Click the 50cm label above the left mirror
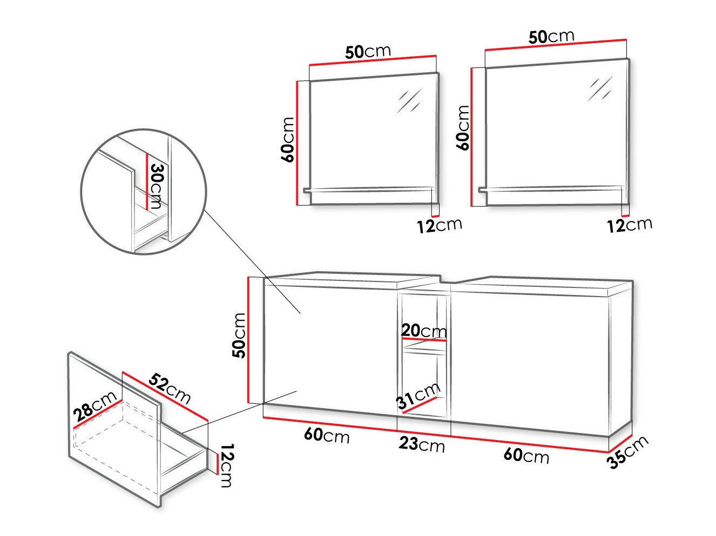368,52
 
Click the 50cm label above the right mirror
551,37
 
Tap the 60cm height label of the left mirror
287,140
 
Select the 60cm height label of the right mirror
463,128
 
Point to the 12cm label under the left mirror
440,225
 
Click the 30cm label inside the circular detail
156,185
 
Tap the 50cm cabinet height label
239,335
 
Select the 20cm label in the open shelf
424,331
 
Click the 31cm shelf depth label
418,396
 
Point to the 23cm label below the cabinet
422,444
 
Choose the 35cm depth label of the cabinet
628,452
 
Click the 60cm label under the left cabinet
327,435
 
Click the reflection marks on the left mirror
409,100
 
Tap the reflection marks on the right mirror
600,88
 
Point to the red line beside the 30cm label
146,181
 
